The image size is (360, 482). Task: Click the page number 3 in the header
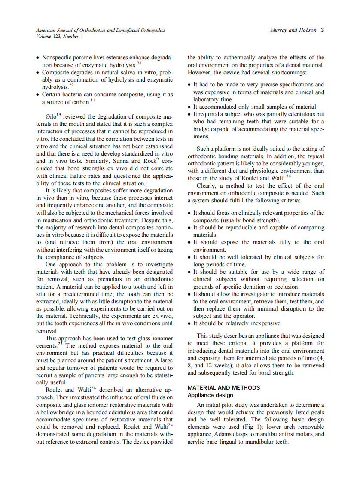pyautogui.click(x=322, y=30)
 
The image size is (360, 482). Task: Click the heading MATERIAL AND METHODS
pyautogui.click(x=224, y=387)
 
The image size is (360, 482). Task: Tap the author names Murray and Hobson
pyautogui.click(x=293, y=30)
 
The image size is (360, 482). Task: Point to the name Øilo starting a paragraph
pyautogui.click(x=51, y=117)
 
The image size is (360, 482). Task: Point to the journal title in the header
pyautogui.click(x=101, y=30)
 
